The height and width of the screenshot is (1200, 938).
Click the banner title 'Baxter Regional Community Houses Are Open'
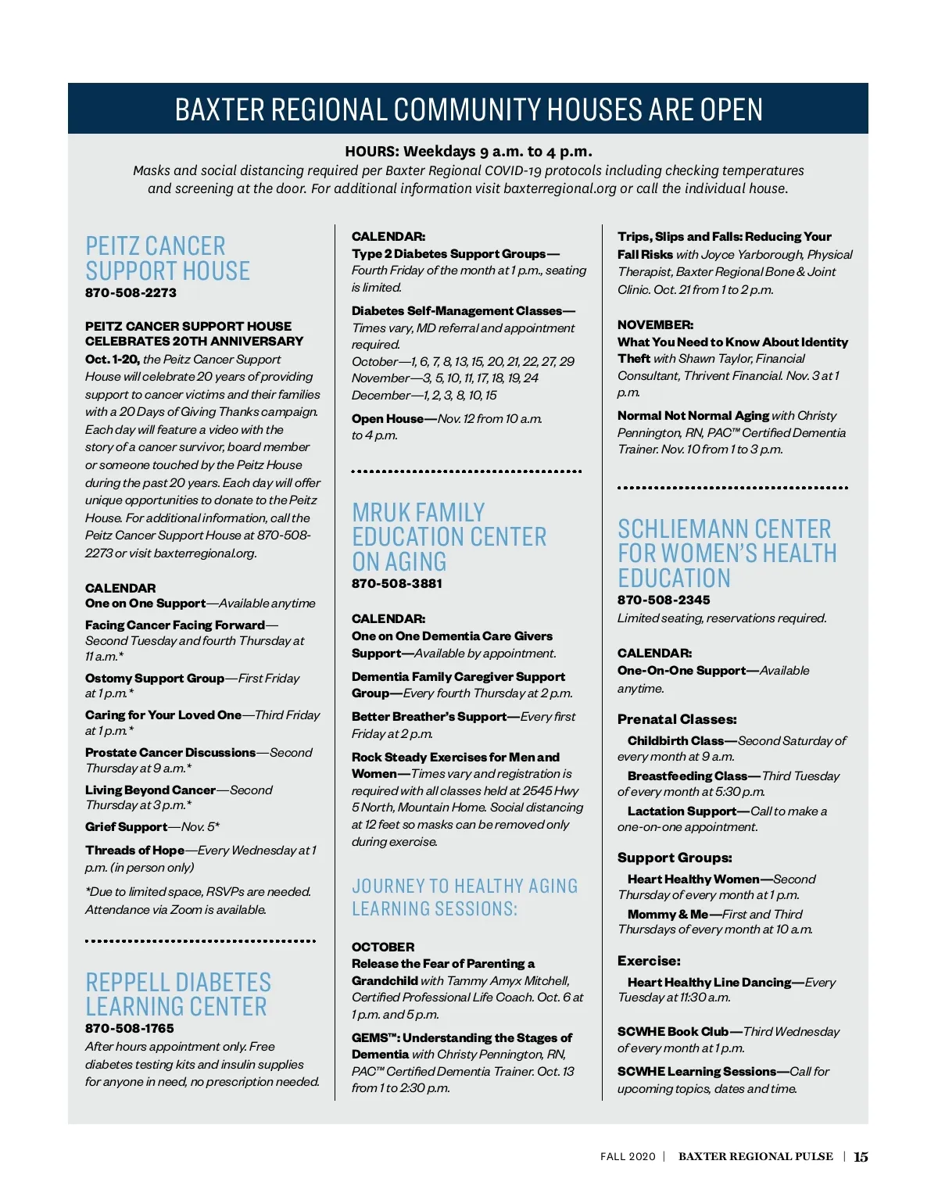[x=468, y=109]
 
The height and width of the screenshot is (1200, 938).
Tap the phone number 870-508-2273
[x=131, y=293]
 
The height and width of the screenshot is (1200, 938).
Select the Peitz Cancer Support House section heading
[x=167, y=259]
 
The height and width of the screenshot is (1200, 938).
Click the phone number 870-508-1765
[x=141, y=1029]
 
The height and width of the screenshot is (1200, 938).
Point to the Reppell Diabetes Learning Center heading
[x=178, y=994]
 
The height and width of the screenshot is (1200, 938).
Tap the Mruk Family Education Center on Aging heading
[x=449, y=537]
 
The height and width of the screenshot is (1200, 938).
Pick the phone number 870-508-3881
[x=397, y=584]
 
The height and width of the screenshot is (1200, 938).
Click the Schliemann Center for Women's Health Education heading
[x=727, y=553]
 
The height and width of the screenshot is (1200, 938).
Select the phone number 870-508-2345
[x=664, y=600]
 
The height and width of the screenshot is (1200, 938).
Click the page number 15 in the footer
[x=861, y=1157]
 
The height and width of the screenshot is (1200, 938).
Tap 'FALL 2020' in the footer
[x=628, y=1157]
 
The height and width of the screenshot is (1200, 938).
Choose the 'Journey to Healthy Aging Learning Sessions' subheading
[x=464, y=897]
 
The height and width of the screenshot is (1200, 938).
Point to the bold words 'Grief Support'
[x=126, y=827]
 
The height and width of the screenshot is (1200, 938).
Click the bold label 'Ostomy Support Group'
[x=155, y=679]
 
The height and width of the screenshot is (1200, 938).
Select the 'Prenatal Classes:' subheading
[x=677, y=719]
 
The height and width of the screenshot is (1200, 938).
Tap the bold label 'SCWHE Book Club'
[x=673, y=1032]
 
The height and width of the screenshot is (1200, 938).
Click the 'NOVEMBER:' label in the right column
[x=655, y=325]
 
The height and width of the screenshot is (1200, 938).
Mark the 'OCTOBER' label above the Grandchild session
[x=383, y=947]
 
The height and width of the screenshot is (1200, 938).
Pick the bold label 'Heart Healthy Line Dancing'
[x=709, y=983]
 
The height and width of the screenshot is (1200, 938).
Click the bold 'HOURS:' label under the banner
[x=372, y=152]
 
